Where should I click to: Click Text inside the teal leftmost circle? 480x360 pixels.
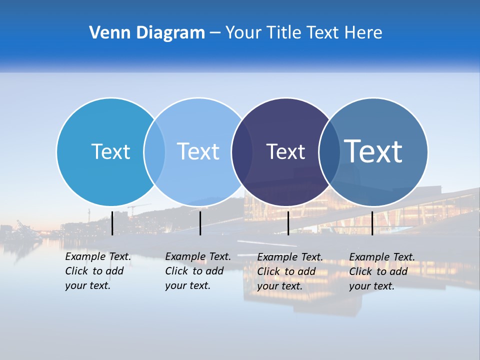pos(110,151)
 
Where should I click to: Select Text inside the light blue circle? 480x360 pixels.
pos(198,151)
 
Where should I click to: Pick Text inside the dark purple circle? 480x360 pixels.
pos(285,151)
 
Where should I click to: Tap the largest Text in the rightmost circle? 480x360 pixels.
pos(373,151)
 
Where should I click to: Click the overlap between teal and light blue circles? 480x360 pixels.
pos(154,151)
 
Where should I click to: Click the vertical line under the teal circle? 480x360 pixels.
pos(112,223)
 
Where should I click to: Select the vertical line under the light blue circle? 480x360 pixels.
pos(200,223)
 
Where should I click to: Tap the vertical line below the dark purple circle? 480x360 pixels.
pos(288,223)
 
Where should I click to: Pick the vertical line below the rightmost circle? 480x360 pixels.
pos(372,223)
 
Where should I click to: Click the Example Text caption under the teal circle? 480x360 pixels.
pos(98,271)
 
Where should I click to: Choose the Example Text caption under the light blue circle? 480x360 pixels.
pos(198,271)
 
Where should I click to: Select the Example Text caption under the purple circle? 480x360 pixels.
pos(290,271)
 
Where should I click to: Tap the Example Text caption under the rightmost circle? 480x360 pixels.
pos(382,271)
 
